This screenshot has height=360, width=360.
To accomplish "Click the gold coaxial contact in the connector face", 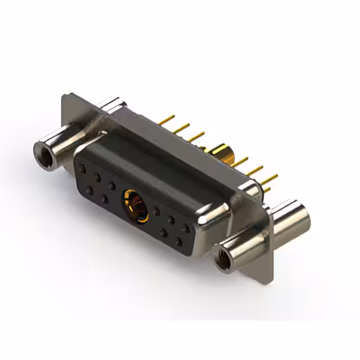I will (136, 205).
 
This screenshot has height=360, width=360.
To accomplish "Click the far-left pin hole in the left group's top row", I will (83, 168).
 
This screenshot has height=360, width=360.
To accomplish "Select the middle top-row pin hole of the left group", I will (97, 177).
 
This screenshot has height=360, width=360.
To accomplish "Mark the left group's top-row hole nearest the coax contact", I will (112, 184).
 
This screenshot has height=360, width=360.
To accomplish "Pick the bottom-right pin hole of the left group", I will (105, 198).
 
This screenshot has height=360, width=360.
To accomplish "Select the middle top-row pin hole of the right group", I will (170, 219).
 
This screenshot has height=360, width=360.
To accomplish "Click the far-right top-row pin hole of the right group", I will (184, 228).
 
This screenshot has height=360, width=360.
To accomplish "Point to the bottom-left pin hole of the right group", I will (164, 232).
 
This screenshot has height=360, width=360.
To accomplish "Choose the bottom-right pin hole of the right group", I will (178, 241).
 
